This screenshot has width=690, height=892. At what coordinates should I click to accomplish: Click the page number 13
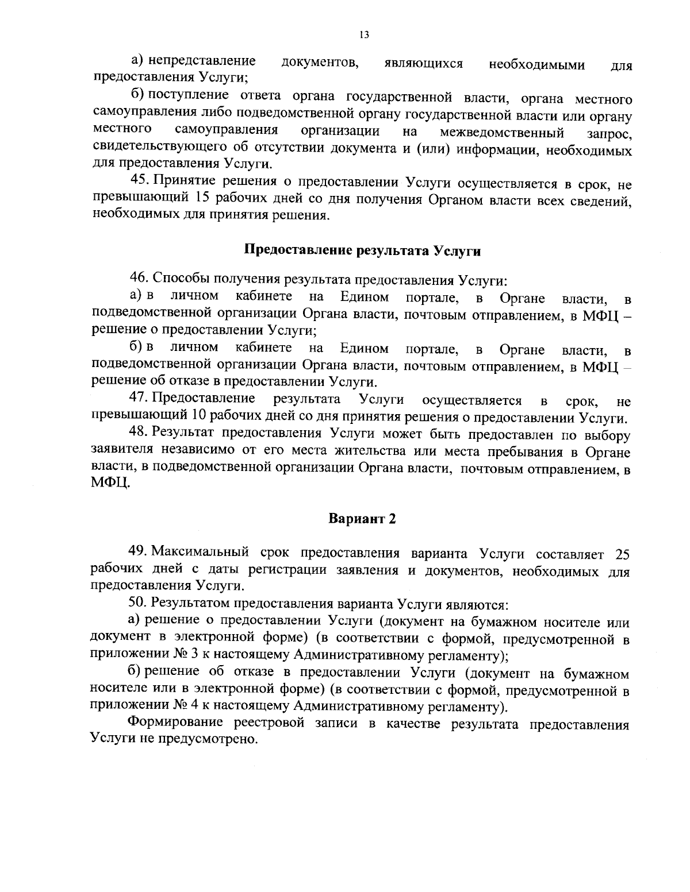[x=363, y=35]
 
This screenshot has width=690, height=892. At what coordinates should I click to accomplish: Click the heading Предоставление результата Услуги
[x=362, y=250]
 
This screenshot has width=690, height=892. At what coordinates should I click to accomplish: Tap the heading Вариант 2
[x=362, y=518]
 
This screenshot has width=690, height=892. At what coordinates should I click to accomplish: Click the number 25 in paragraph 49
[x=622, y=554]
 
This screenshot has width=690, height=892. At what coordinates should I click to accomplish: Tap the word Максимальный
[x=201, y=553]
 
